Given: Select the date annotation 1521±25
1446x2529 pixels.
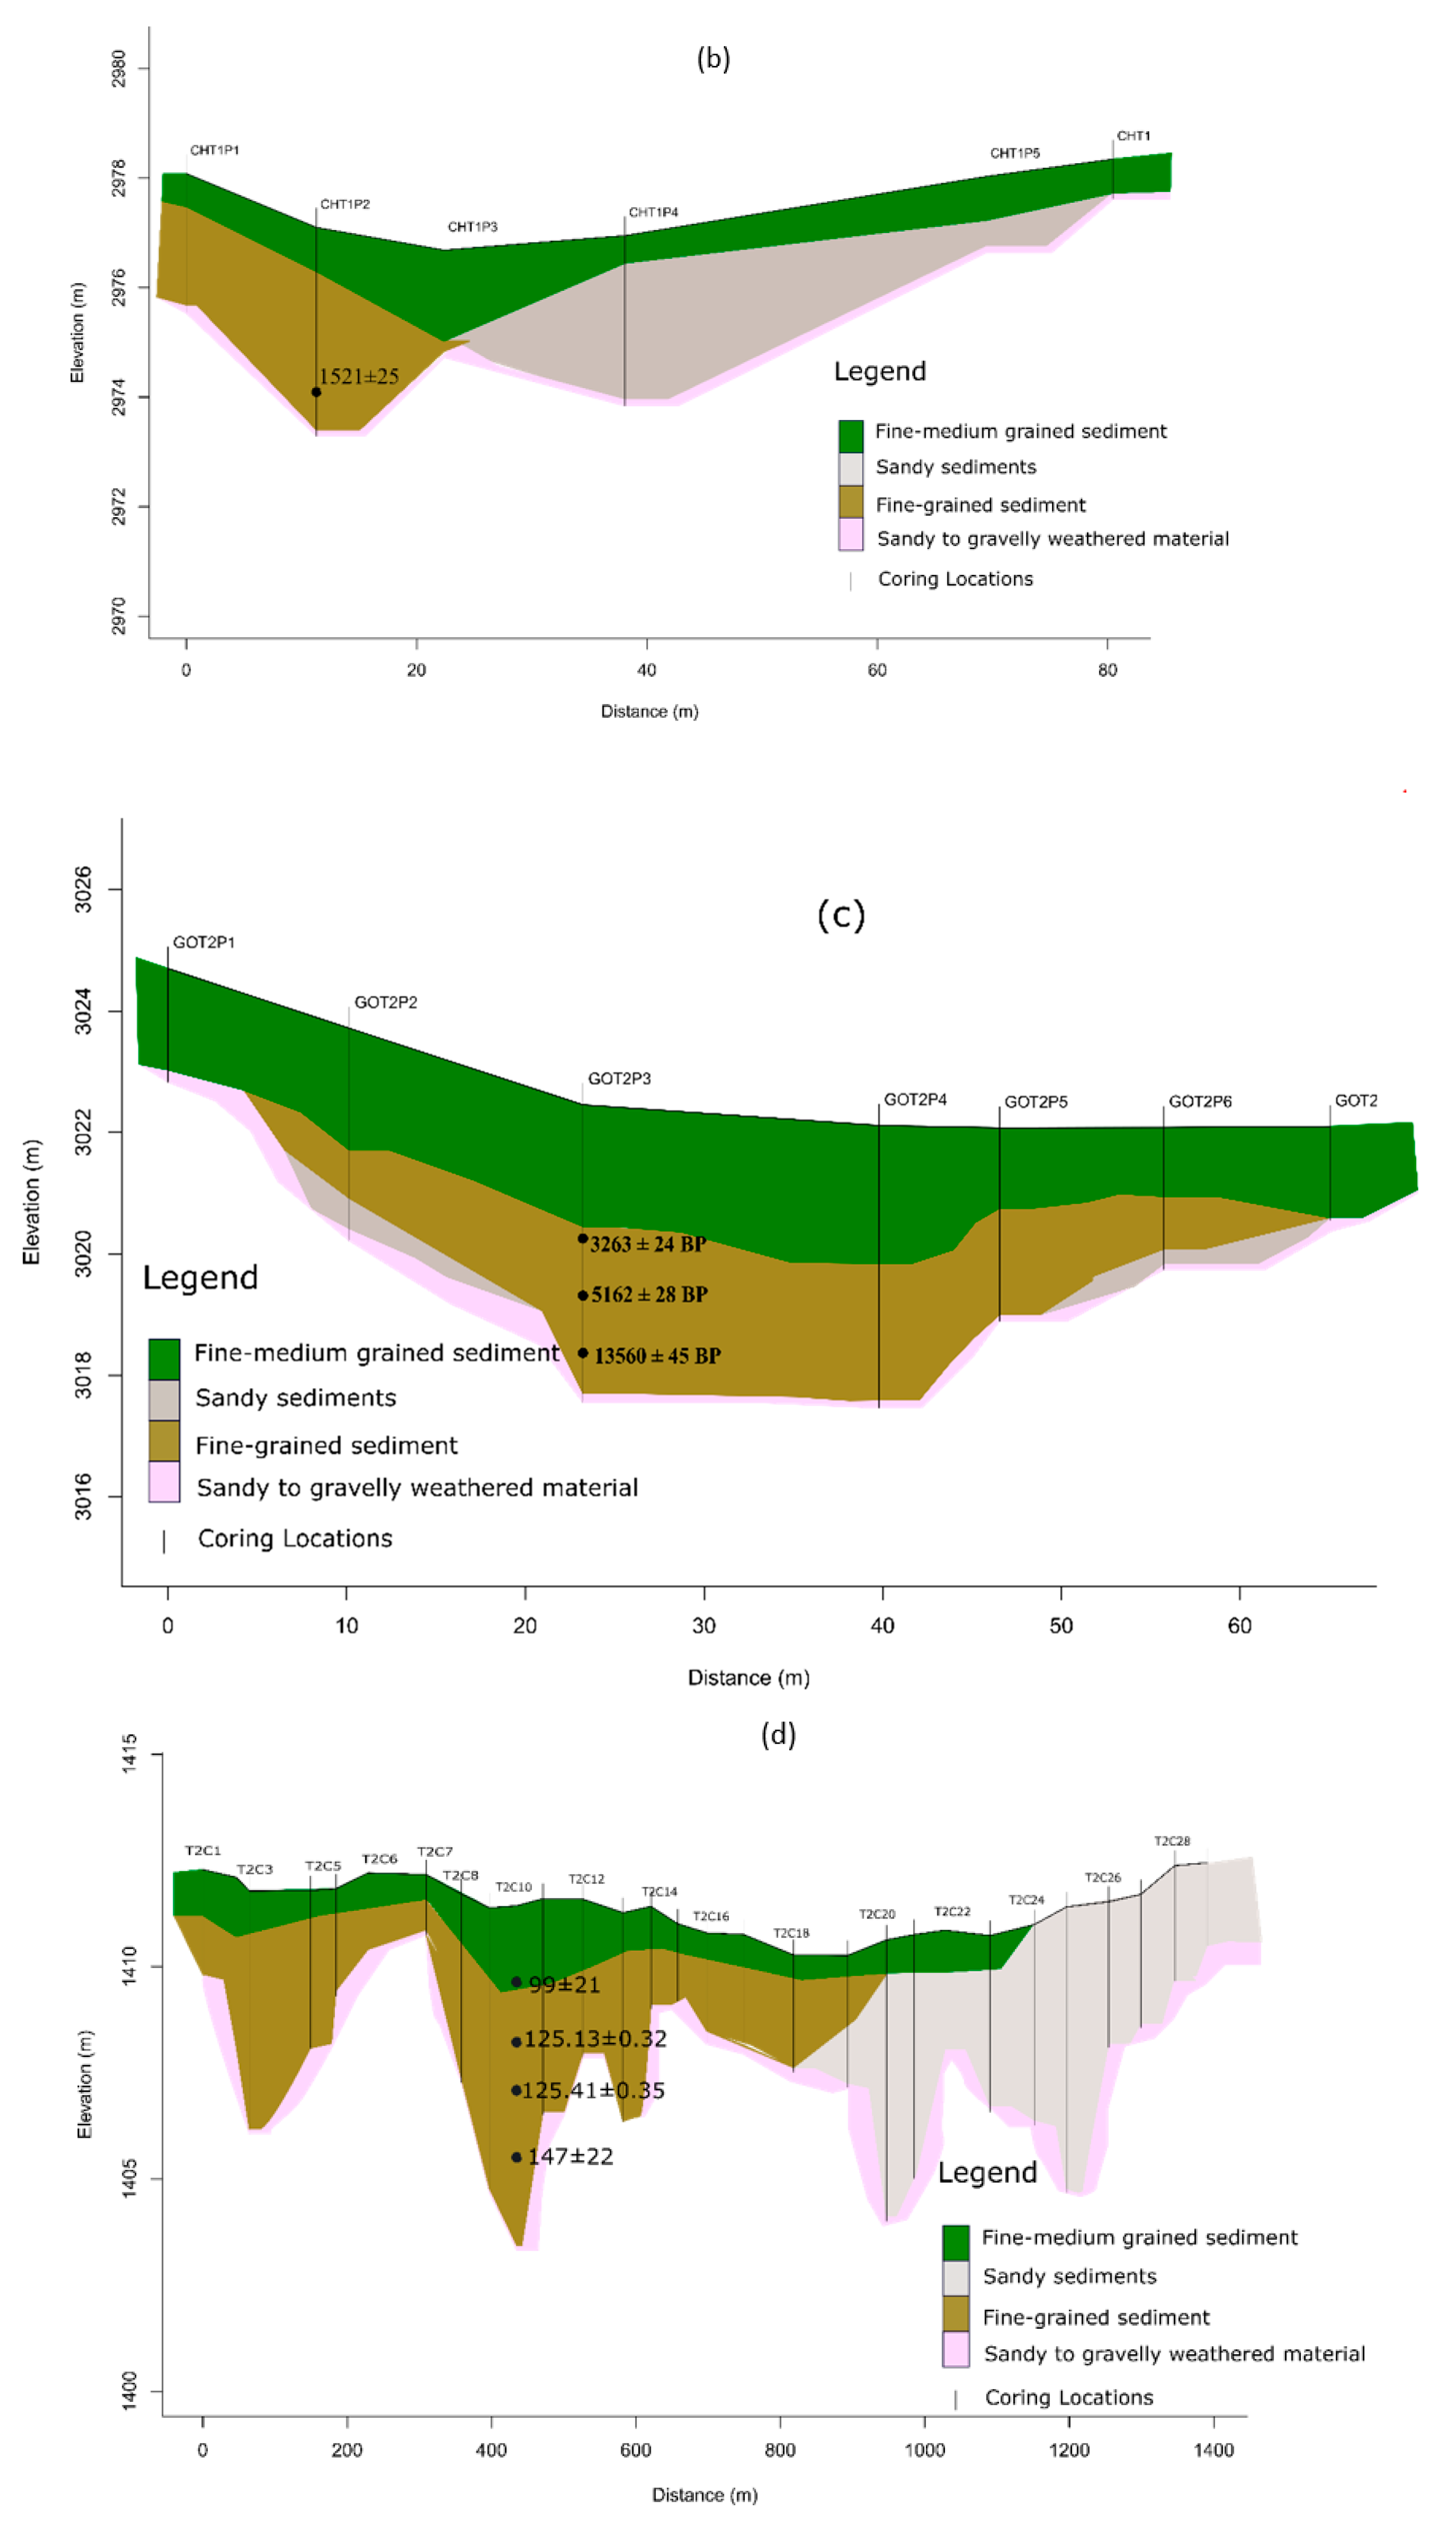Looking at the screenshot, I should coord(359,377).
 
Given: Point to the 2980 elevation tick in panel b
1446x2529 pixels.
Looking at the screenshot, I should coord(118,68).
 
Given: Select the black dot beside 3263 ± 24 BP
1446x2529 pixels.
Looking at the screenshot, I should coord(583,1239).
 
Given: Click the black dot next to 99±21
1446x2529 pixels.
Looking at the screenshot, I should coord(516,1982).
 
